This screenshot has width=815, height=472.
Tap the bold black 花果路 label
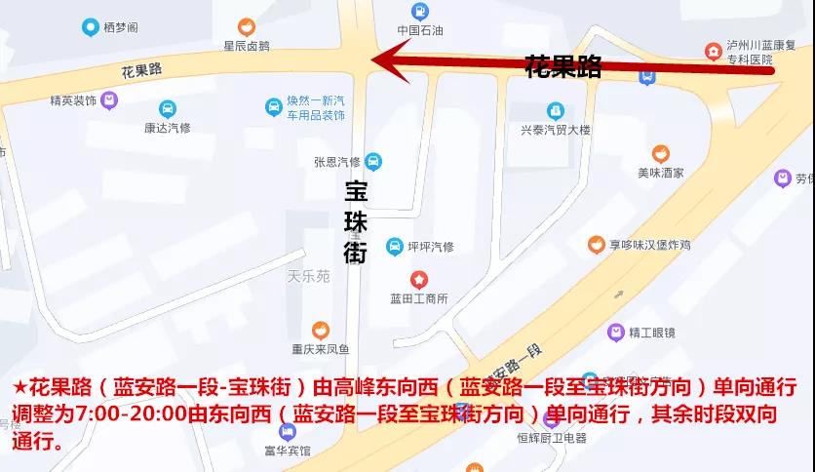click(563, 67)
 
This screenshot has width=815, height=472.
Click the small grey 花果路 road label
click(141, 70)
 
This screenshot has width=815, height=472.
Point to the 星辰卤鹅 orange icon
click(247, 26)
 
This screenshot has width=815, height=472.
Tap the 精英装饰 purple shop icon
click(109, 99)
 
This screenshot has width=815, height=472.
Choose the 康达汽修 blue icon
click(167, 108)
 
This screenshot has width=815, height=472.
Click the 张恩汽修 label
click(337, 162)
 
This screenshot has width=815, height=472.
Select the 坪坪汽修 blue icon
click(394, 246)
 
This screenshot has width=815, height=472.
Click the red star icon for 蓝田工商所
click(418, 280)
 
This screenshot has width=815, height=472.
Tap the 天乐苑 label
click(309, 277)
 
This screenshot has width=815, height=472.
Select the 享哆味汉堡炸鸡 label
click(650, 246)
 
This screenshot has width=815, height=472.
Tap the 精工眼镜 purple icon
click(615, 333)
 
